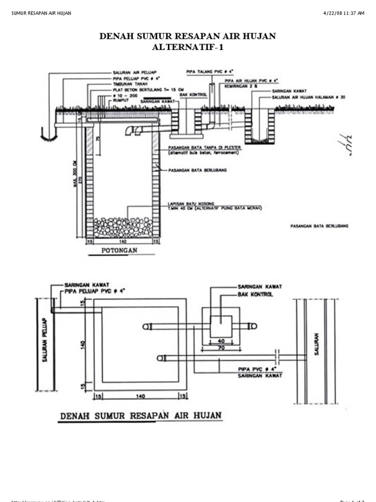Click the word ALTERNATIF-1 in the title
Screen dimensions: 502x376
point(188,47)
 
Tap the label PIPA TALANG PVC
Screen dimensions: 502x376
point(208,71)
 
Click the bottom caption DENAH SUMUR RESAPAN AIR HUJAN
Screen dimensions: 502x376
point(141,416)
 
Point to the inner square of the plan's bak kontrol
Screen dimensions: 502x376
point(221,326)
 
